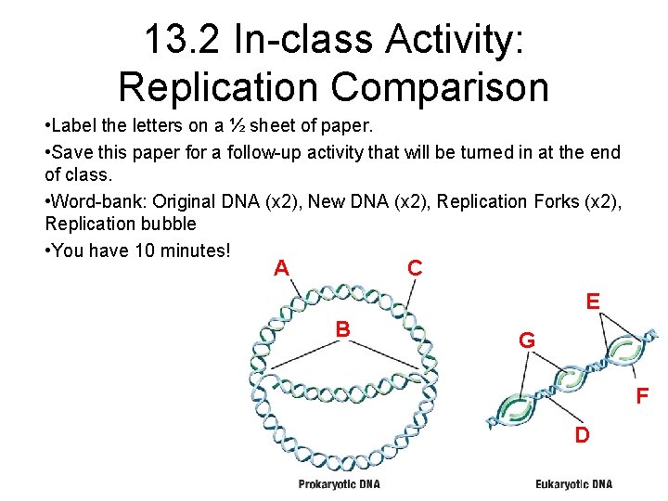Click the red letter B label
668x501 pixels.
coord(342,328)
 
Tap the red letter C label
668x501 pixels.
coord(415,268)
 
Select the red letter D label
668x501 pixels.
coord(581,434)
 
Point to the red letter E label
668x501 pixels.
coord(592,302)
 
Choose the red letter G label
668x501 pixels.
coord(526,340)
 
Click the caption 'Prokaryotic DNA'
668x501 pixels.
coord(339,484)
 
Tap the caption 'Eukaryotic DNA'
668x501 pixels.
coord(574,484)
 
